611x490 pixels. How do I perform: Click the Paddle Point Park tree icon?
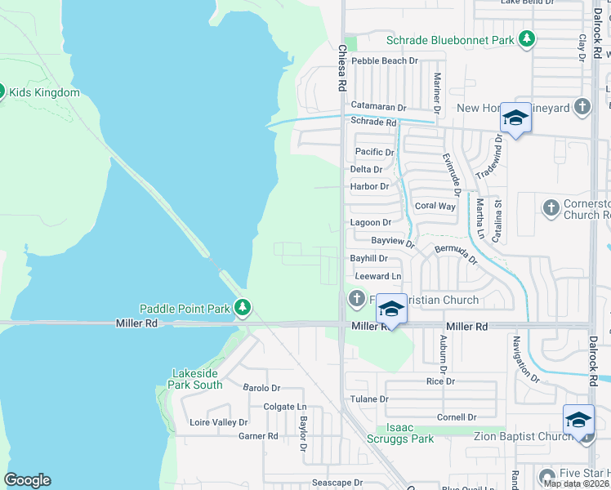point(242,308)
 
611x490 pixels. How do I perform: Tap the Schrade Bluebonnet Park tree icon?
point(528,38)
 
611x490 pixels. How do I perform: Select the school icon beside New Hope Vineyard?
point(515,119)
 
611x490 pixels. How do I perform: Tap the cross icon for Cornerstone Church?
point(551,208)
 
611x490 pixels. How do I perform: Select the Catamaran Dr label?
point(378,106)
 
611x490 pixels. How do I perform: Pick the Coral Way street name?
point(435,206)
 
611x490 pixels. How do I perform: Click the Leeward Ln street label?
point(377,277)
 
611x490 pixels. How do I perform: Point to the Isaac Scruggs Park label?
point(410,433)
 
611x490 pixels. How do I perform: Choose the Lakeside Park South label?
point(196,379)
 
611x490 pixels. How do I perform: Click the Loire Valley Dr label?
point(218,422)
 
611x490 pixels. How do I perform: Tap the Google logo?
point(27,480)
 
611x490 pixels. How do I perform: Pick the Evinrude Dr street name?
point(452,174)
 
